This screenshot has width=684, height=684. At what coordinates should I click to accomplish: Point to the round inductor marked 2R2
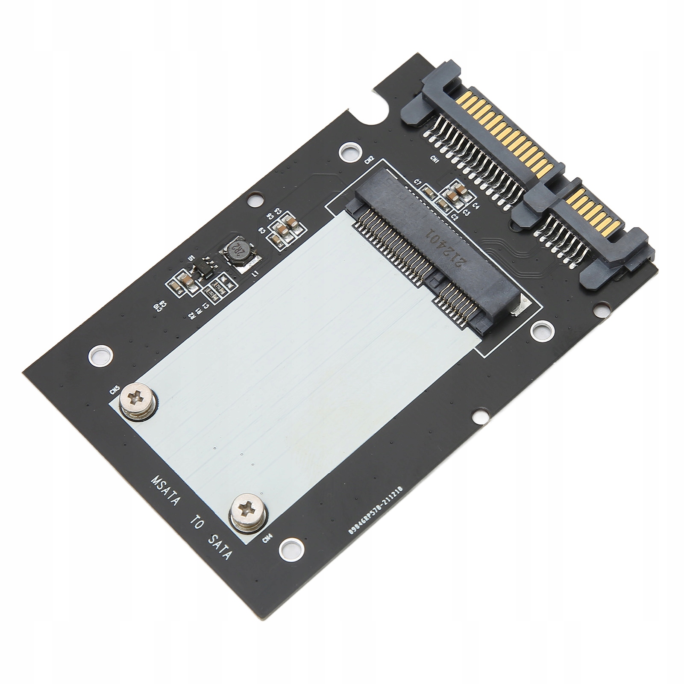point(236,255)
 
